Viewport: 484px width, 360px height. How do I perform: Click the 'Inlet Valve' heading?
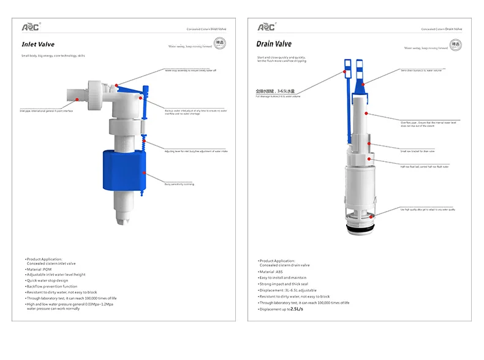click(37, 44)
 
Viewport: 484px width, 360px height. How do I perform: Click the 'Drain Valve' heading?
click(274, 44)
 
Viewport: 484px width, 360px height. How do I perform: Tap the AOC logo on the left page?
click(31, 26)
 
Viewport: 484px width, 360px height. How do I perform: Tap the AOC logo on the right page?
click(266, 26)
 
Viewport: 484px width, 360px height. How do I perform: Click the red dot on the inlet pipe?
click(76, 98)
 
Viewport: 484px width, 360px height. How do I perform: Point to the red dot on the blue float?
click(145, 174)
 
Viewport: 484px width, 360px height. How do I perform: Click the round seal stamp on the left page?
click(221, 44)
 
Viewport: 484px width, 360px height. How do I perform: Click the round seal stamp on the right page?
click(455, 44)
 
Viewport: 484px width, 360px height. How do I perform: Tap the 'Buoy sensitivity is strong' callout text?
click(179, 184)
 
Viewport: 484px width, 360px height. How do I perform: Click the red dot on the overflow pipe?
click(367, 113)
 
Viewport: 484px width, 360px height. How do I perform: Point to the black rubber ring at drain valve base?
click(361, 228)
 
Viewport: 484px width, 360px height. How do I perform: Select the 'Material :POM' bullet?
click(39, 269)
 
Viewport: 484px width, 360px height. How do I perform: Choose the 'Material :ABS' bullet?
click(274, 271)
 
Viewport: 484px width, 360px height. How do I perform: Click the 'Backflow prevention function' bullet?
click(52, 286)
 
